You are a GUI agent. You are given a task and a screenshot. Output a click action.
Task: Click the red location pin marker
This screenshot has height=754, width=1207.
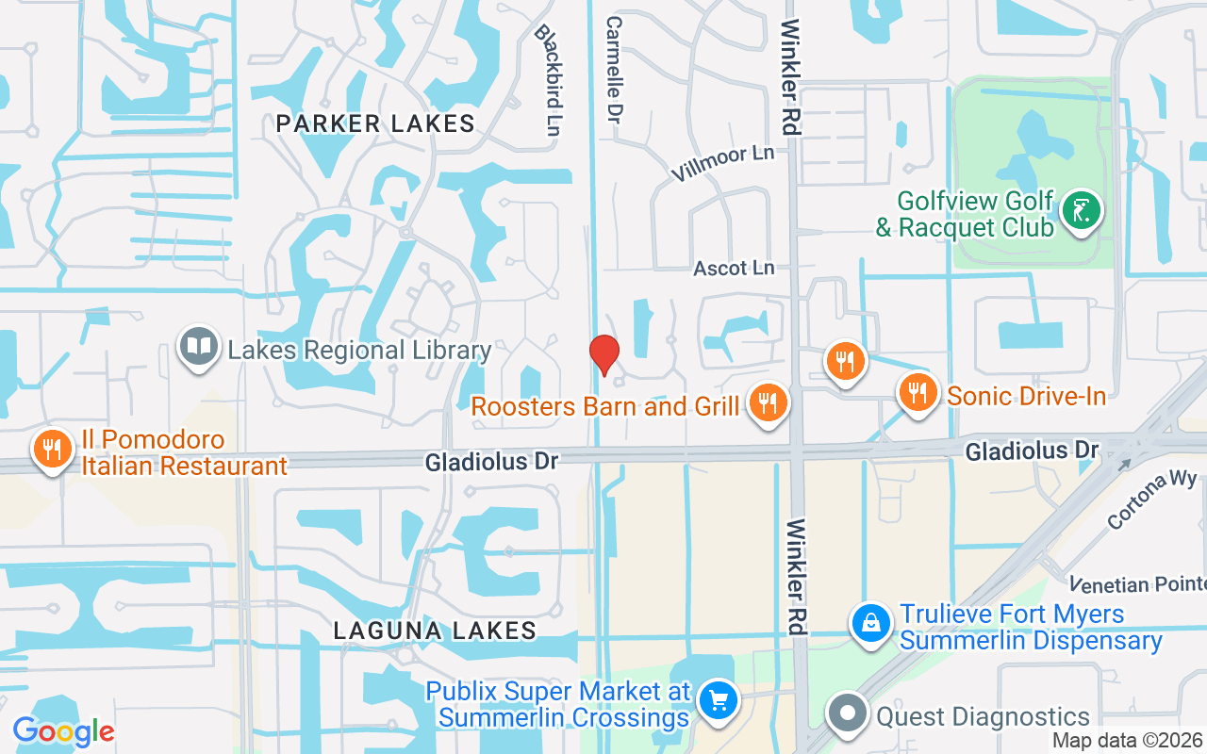(603, 354)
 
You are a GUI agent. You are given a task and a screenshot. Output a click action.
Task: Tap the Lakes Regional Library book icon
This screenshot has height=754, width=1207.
(199, 347)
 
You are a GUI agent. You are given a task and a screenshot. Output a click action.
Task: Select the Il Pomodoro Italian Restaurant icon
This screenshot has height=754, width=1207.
(52, 449)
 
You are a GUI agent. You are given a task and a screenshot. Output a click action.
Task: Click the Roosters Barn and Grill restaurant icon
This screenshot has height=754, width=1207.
(769, 402)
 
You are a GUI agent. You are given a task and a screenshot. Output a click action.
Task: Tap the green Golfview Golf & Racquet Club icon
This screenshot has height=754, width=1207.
(1081, 210)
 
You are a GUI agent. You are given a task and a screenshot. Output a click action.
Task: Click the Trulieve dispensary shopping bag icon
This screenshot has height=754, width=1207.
(871, 623)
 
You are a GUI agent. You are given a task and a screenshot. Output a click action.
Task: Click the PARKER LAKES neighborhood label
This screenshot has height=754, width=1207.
(375, 123)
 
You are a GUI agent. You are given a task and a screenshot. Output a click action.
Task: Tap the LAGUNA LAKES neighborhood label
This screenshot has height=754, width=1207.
(435, 631)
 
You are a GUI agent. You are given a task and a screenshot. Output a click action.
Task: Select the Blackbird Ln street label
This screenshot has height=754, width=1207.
(548, 79)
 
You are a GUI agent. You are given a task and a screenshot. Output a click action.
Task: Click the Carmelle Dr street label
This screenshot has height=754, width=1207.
(616, 68)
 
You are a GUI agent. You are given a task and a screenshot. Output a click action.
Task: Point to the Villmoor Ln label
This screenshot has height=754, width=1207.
(722, 163)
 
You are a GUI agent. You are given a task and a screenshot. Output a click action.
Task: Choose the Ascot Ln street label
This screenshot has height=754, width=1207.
(734, 269)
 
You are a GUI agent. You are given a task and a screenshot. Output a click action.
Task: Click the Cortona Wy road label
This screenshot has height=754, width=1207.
(1151, 498)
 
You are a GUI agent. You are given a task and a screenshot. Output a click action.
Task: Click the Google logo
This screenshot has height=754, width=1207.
(63, 731)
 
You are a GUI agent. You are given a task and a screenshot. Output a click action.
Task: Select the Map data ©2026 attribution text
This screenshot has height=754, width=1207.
(1127, 741)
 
